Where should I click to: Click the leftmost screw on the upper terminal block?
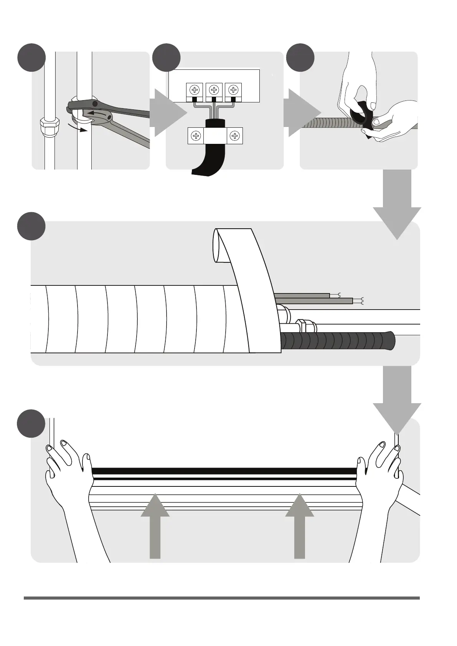coord(195,90)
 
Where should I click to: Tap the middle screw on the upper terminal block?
coord(214,90)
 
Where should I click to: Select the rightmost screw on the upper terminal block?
coord(233,90)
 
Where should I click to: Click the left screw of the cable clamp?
coord(196,136)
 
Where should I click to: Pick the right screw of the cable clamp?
coord(235,136)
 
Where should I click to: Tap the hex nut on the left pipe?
coord(50,126)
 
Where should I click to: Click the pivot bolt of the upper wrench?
coord(94,104)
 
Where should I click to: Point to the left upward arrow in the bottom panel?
coord(155,526)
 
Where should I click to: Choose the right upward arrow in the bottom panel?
coord(300,526)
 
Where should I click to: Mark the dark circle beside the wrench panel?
coord(31,58)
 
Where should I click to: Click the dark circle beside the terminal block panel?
coord(166,58)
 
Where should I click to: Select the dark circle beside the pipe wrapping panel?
coord(31,226)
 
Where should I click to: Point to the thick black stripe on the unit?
coord(224,471)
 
